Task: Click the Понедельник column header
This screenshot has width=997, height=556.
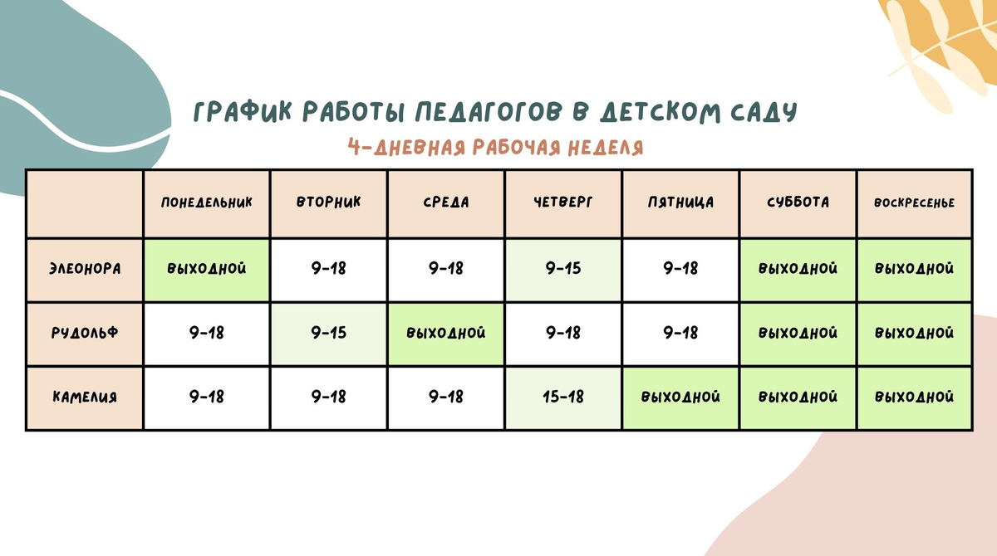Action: [x=207, y=202]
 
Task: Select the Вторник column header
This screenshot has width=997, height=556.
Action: [x=329, y=202]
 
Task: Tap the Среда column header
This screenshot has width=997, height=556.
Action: [x=446, y=202]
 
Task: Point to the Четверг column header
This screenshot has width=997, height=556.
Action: [x=563, y=202]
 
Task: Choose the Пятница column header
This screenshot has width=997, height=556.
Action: [x=680, y=202]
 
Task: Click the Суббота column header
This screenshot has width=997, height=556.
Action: [x=798, y=202]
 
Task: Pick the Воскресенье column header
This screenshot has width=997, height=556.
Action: [x=914, y=203]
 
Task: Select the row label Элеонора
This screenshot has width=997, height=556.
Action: [x=84, y=269]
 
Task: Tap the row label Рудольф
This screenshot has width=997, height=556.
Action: [x=84, y=333]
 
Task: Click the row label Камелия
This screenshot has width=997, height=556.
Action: [x=84, y=397]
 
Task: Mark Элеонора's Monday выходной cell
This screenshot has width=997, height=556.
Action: [x=207, y=269]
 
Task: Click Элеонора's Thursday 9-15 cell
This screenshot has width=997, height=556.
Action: [x=563, y=269]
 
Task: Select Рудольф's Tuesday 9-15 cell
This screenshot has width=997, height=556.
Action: [x=329, y=333]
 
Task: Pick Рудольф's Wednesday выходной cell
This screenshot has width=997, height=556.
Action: [x=446, y=333]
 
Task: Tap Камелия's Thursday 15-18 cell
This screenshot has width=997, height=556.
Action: [x=563, y=397]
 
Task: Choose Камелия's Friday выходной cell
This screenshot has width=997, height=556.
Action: [x=680, y=397]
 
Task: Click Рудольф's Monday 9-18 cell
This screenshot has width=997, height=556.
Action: [x=207, y=333]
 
